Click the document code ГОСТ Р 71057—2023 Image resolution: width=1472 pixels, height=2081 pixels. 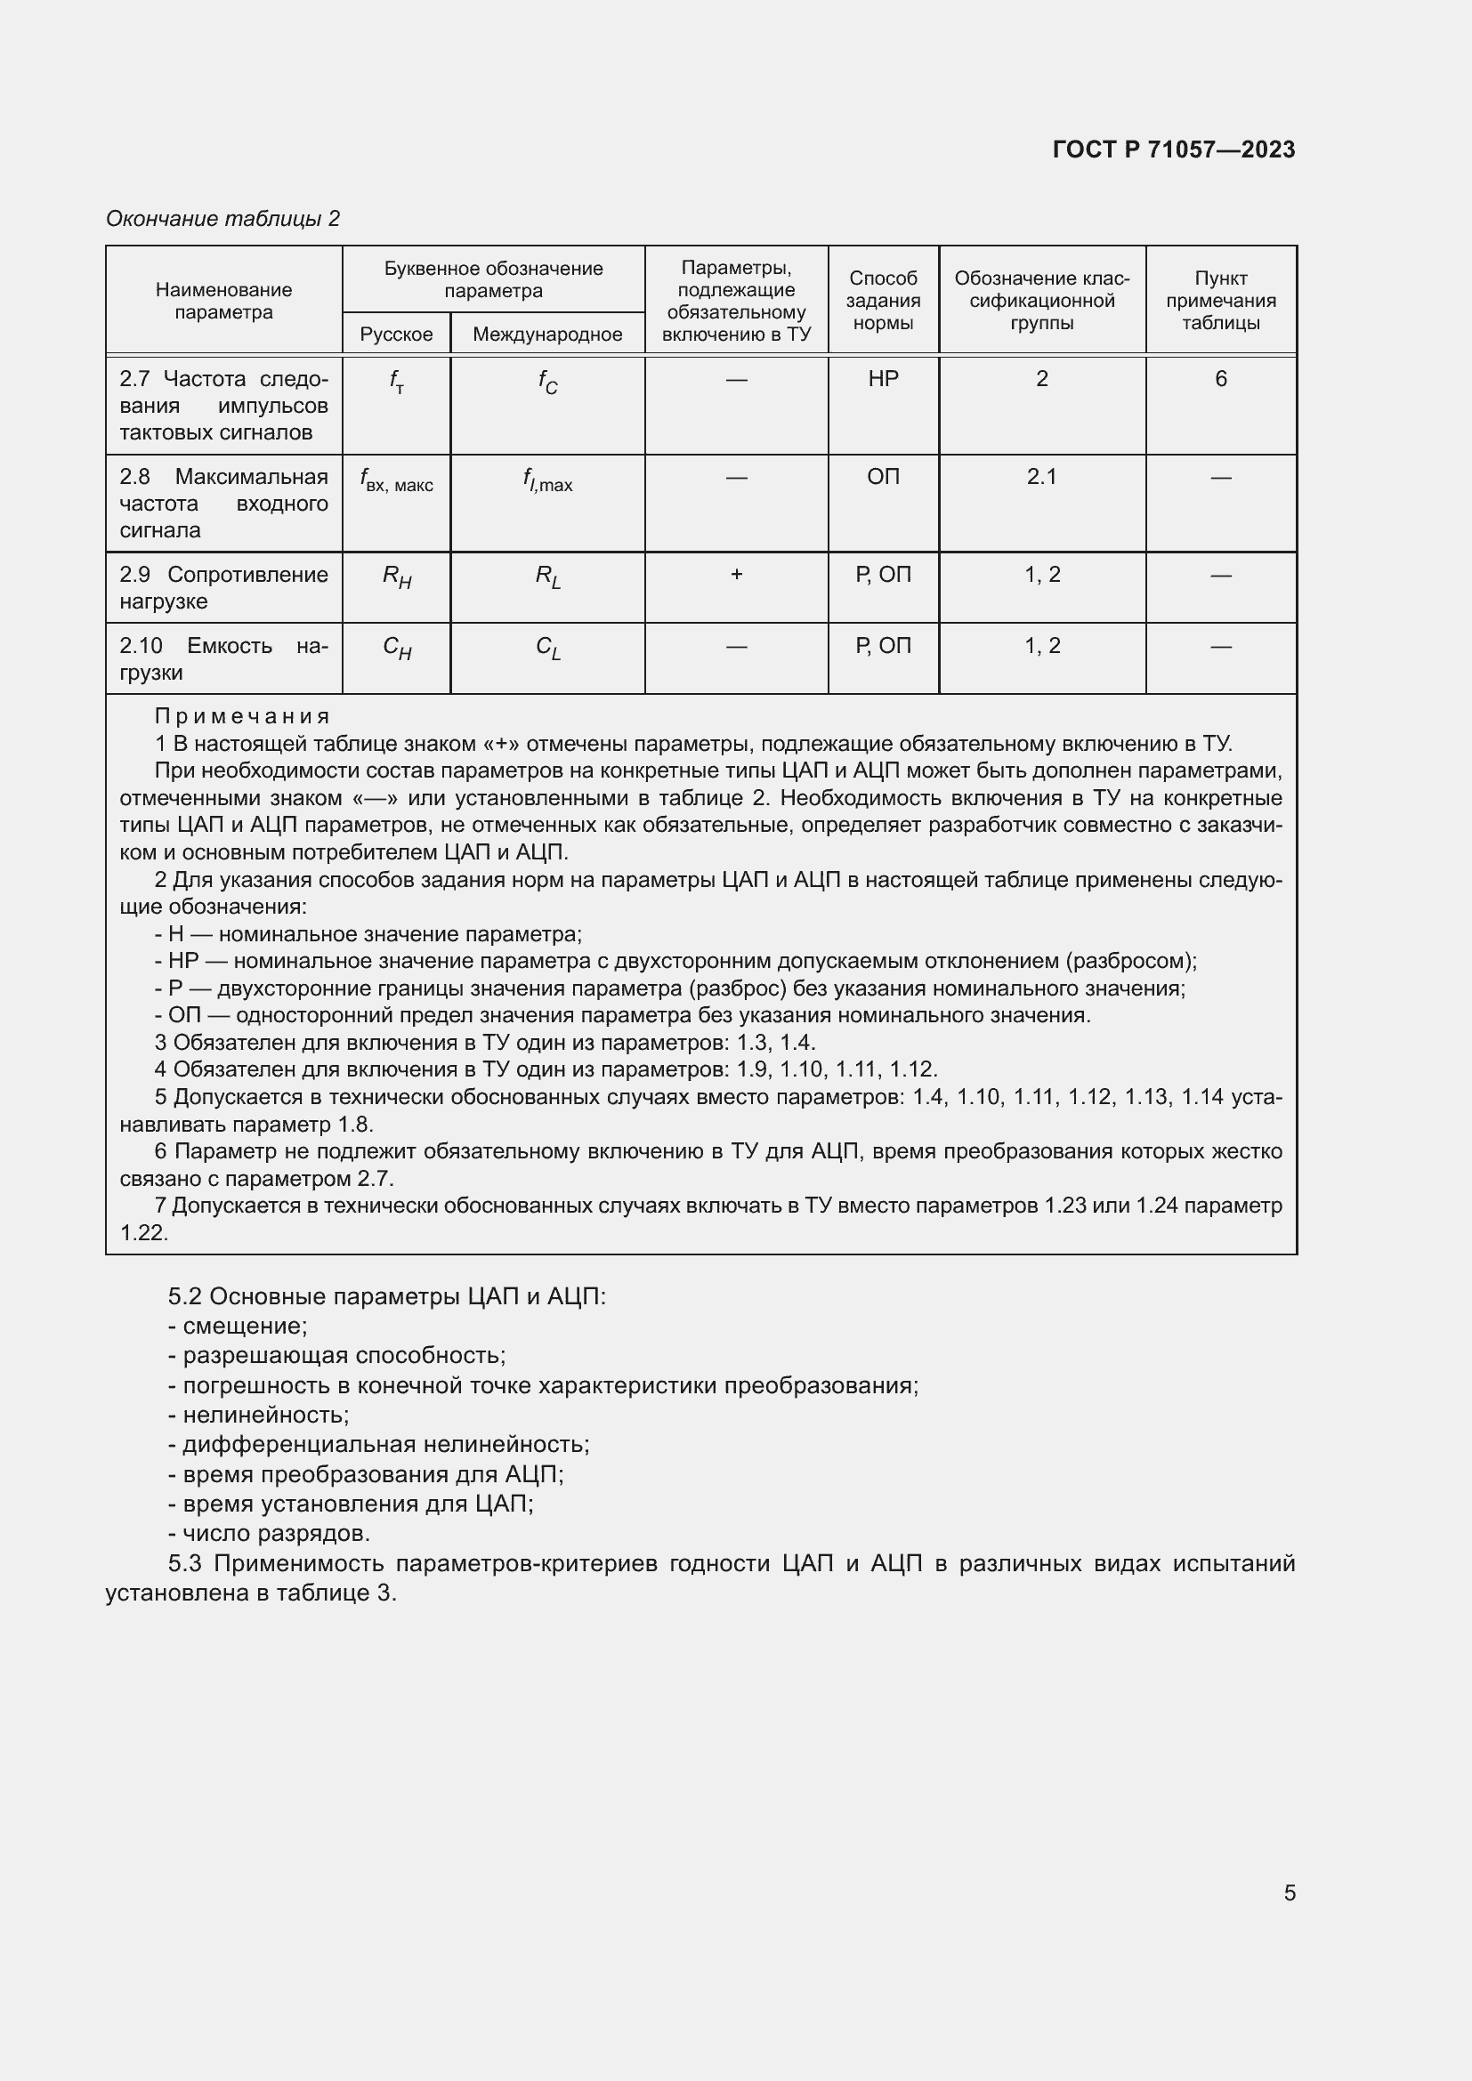click(x=1173, y=149)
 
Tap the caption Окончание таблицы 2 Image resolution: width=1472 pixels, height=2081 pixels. click(x=223, y=219)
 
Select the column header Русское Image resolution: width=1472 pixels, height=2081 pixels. click(x=396, y=335)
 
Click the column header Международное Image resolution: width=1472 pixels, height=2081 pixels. click(x=547, y=335)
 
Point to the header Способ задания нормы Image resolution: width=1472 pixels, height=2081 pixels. click(x=883, y=300)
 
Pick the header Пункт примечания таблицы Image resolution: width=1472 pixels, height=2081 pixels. click(x=1220, y=300)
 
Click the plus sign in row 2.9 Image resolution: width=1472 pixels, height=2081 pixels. click(x=736, y=575)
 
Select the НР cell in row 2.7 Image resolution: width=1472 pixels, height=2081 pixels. click(x=883, y=379)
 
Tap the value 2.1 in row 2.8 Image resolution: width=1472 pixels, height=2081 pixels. click(x=1041, y=477)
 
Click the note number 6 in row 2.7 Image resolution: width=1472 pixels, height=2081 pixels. click(x=1220, y=379)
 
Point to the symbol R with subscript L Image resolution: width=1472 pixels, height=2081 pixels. click(x=547, y=577)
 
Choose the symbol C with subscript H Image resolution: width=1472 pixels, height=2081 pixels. click(x=397, y=648)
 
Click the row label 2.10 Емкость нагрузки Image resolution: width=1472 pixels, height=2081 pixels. click(x=223, y=659)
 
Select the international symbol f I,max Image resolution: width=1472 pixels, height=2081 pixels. click(x=547, y=480)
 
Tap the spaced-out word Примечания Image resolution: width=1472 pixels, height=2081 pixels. click(x=242, y=717)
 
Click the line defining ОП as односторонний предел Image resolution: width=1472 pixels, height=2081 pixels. click(x=622, y=1015)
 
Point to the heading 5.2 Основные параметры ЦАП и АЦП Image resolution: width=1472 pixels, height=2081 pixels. click(x=387, y=1296)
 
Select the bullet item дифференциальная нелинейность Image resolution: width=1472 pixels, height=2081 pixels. click(x=379, y=1445)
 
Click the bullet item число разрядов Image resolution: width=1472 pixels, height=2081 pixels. click(x=269, y=1534)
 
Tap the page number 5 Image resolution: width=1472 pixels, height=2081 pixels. click(x=1289, y=1893)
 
